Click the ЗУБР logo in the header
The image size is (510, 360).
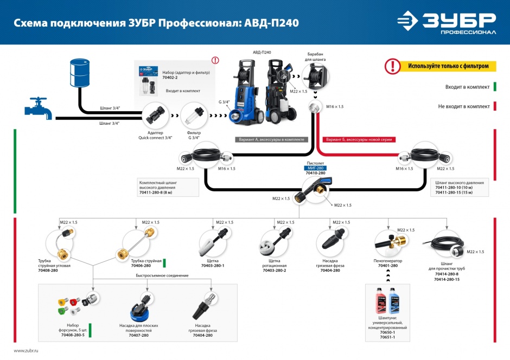[x=446, y=23]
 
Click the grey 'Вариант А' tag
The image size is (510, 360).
[x=271, y=139]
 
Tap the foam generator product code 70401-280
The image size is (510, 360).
[x=387, y=266]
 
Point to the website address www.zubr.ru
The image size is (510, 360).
[x=27, y=351]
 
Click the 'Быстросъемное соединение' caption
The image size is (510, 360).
[x=162, y=275]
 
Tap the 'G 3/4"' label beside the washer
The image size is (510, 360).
[x=224, y=101]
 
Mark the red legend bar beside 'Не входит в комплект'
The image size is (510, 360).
[x=495, y=106]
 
